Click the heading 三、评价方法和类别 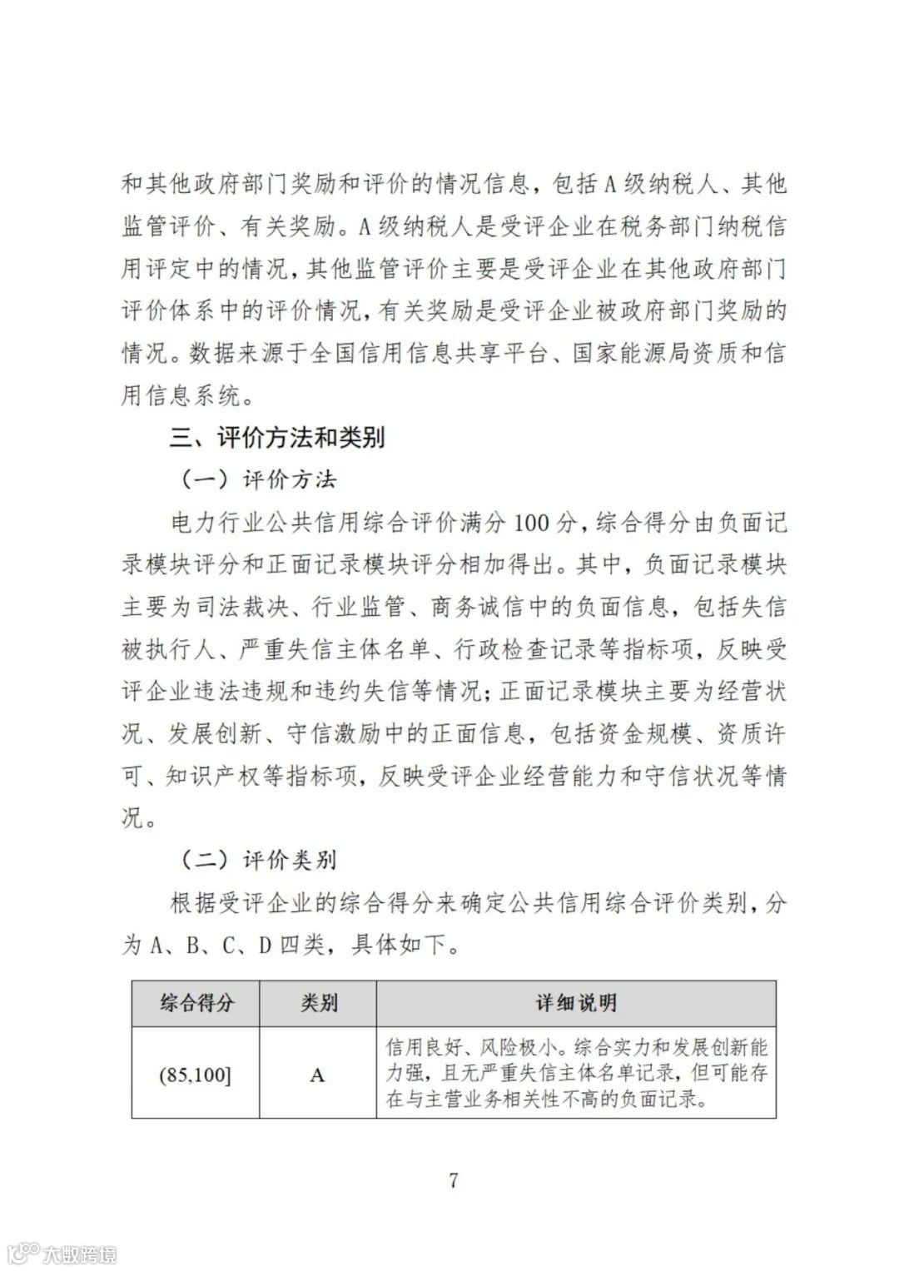click(x=277, y=438)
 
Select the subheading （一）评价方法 click(x=258, y=480)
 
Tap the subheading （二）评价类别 click(x=258, y=860)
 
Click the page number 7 click(x=453, y=1180)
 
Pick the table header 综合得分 click(x=196, y=1003)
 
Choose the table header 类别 click(x=318, y=1003)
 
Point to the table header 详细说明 click(x=576, y=1003)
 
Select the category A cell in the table click(x=317, y=1075)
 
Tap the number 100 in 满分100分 click(x=530, y=523)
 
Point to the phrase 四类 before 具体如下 click(x=301, y=945)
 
